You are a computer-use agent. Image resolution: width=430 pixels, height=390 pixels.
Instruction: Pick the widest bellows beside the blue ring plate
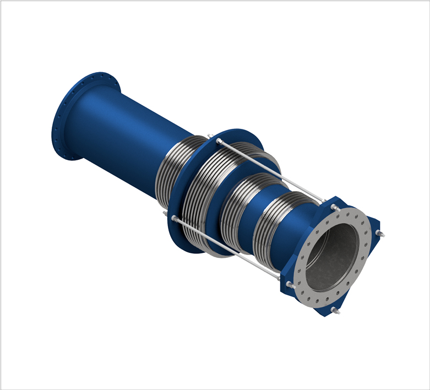[206, 193]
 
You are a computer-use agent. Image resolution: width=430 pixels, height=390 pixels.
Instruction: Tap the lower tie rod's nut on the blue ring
[175, 220]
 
